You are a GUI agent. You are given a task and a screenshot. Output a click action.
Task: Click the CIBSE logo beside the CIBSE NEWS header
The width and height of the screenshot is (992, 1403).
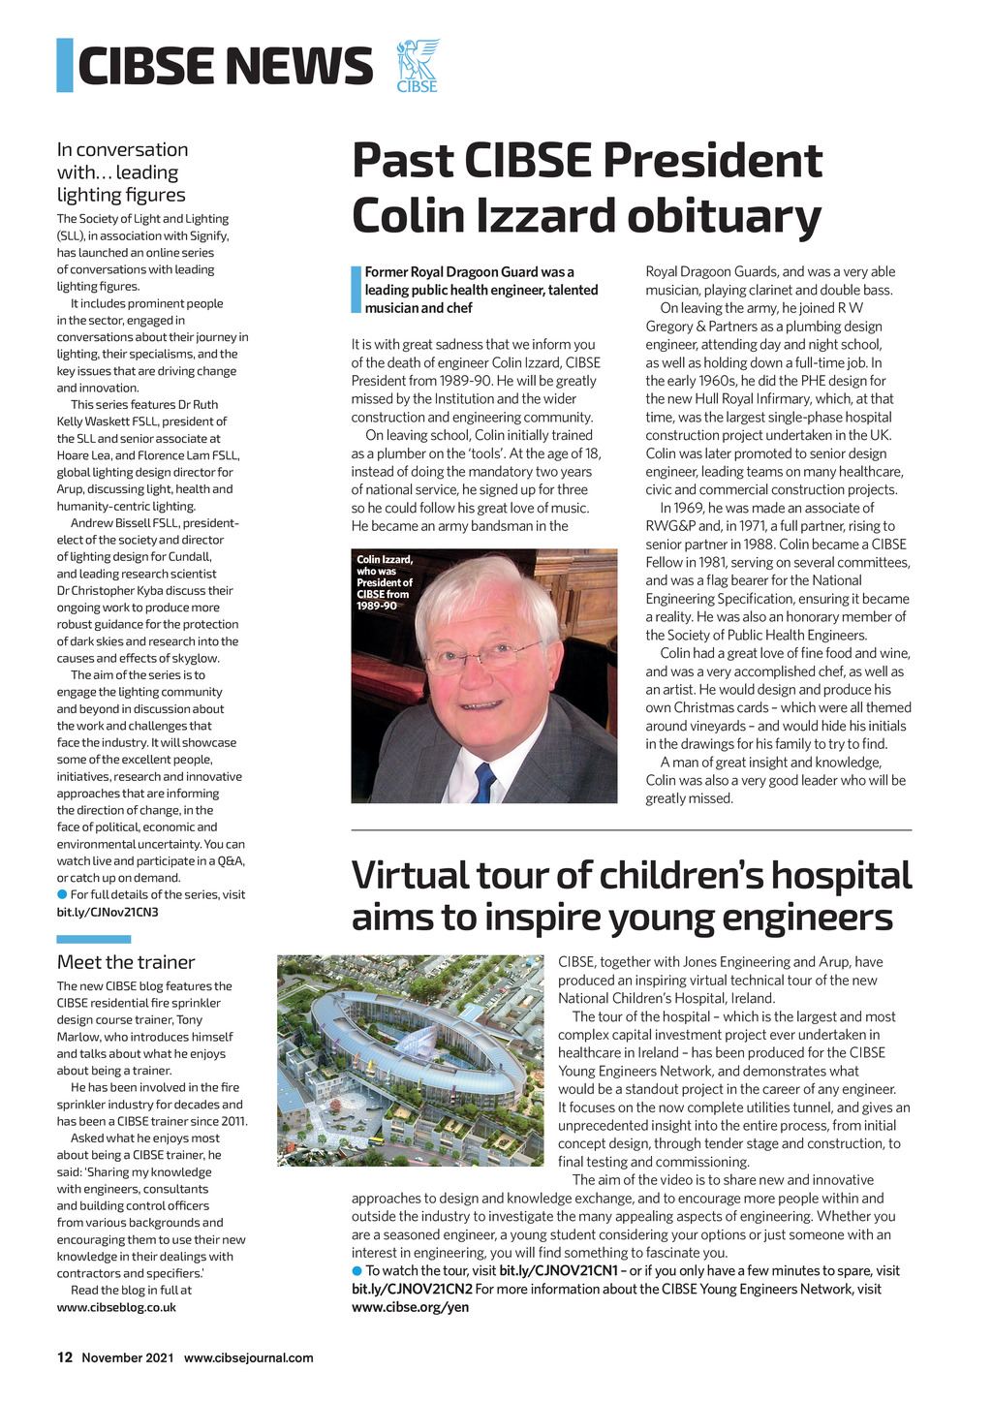tap(418, 66)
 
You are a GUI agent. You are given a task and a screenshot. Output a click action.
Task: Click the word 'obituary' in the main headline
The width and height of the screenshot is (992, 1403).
tap(723, 215)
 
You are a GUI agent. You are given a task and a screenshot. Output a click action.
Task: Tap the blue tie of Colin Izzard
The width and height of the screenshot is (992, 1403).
tap(484, 782)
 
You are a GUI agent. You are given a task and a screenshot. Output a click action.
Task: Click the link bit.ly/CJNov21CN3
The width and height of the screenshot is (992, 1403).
tap(108, 912)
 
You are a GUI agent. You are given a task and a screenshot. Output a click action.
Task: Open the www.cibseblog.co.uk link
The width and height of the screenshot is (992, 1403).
tap(116, 1307)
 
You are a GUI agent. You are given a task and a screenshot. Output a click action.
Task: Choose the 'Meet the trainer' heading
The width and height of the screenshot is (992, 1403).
tap(126, 962)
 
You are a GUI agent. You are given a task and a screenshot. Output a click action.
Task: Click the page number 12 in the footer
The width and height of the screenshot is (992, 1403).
tap(65, 1357)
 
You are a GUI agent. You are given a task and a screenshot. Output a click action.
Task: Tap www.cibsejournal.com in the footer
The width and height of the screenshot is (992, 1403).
tap(249, 1357)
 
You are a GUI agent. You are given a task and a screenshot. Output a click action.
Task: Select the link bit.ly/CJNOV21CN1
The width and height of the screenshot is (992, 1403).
tap(558, 1270)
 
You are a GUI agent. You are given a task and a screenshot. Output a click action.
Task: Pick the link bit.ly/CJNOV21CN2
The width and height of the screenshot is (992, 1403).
tap(412, 1289)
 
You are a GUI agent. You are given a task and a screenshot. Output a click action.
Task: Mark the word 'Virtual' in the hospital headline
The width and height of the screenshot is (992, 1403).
tap(411, 875)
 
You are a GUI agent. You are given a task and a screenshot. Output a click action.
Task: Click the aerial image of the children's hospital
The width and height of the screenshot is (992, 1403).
tap(411, 1060)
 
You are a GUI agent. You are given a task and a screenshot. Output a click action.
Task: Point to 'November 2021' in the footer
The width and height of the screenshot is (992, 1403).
tap(128, 1357)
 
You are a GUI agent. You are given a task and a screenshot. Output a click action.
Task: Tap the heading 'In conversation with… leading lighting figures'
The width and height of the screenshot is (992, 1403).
tap(123, 171)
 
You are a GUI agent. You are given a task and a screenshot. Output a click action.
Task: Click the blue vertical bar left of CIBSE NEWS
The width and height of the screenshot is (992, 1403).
tap(65, 65)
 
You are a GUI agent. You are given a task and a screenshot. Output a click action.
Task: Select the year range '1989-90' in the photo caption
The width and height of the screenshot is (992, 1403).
tap(377, 606)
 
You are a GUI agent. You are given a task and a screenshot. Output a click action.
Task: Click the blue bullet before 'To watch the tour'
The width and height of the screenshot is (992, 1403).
tap(356, 1270)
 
